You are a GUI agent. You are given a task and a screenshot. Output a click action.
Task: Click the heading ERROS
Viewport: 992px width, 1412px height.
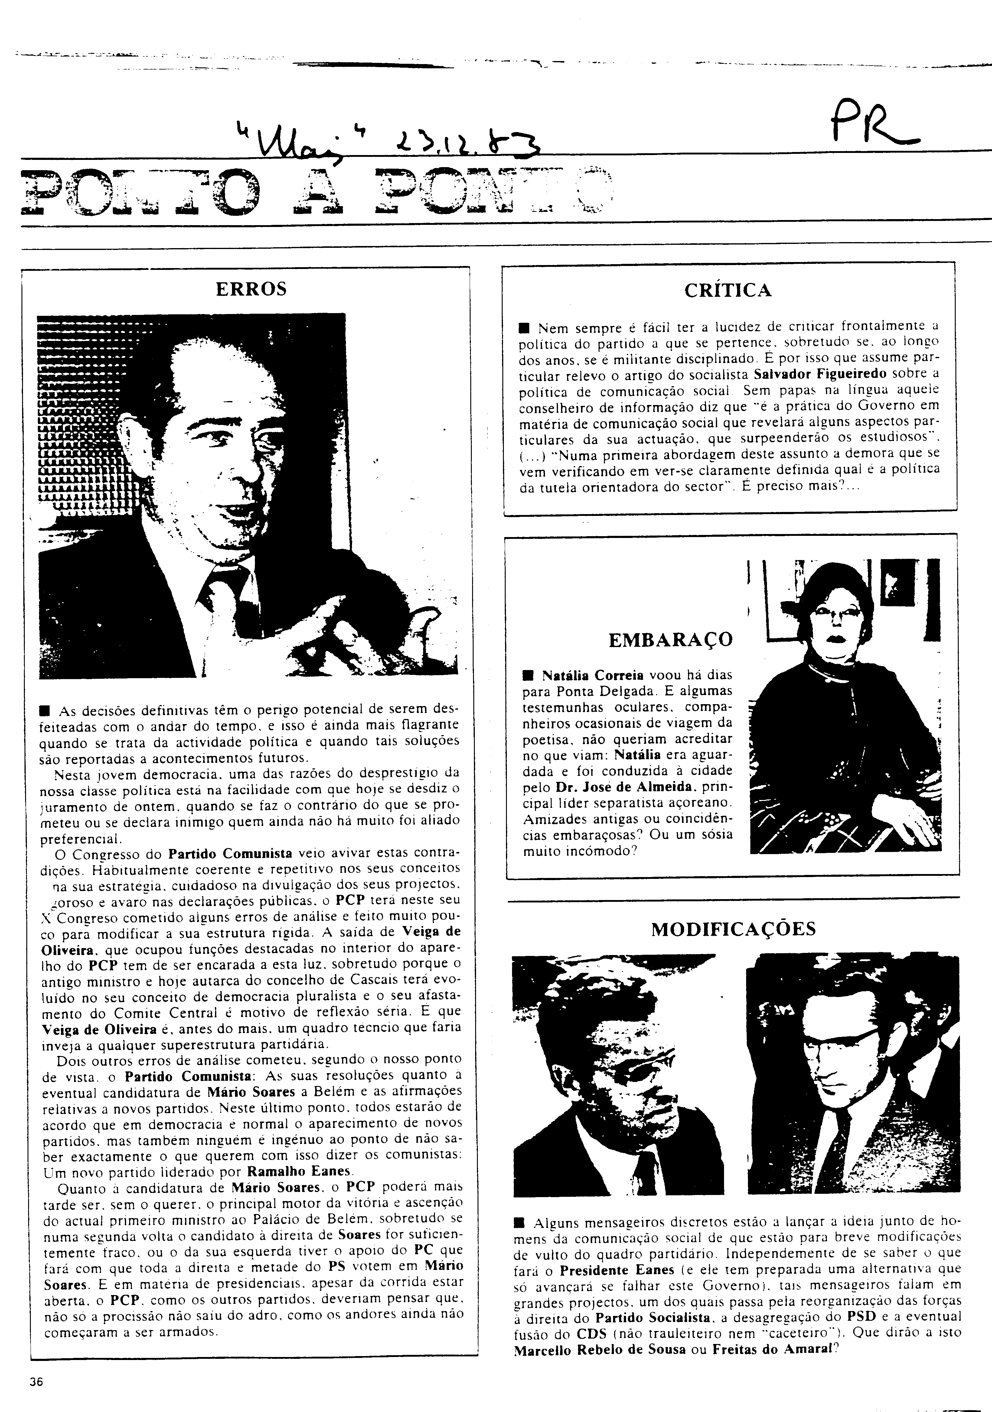point(251,289)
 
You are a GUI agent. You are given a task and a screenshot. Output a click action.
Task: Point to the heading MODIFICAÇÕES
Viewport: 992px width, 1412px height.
point(733,929)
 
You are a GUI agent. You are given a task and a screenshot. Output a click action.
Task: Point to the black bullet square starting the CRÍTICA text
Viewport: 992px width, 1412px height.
point(524,326)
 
